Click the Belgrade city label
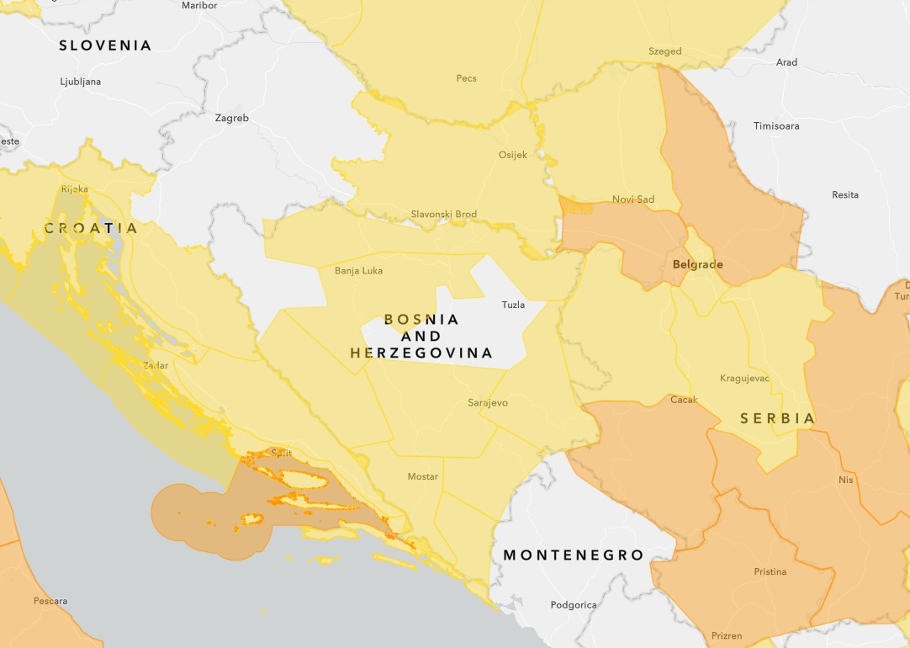(x=697, y=264)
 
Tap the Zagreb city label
(x=231, y=119)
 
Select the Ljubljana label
(x=81, y=82)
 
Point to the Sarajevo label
(x=488, y=403)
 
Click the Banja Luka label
(x=358, y=271)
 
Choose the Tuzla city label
(x=513, y=305)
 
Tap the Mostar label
(x=423, y=476)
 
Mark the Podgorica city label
(x=574, y=605)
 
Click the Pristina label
(x=770, y=572)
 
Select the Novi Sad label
(x=633, y=199)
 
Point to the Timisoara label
(x=776, y=126)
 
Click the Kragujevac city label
(x=744, y=378)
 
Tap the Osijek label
(x=513, y=155)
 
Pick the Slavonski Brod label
(x=443, y=215)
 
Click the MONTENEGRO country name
(x=573, y=555)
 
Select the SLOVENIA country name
(x=105, y=45)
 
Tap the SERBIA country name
(x=778, y=418)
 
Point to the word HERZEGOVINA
(x=421, y=353)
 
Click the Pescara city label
(x=50, y=601)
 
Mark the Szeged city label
(x=665, y=51)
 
